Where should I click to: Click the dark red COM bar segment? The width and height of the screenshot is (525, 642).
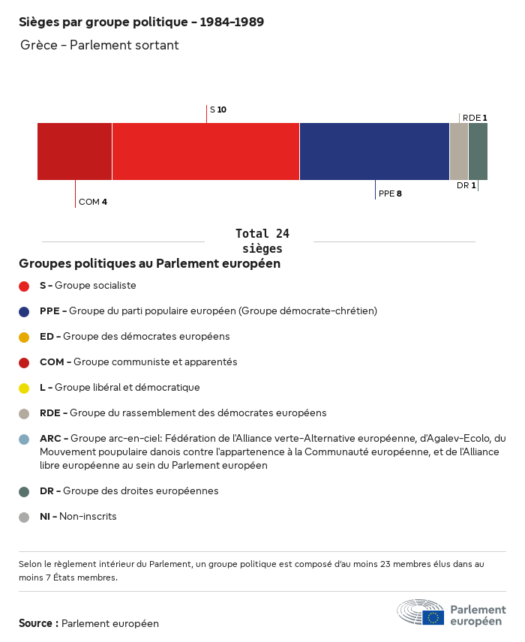coord(74,151)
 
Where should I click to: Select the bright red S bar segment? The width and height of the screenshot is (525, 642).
coord(206,151)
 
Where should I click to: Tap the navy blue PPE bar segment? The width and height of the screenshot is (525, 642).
coord(375,151)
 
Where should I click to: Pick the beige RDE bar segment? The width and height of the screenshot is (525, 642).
coord(459,151)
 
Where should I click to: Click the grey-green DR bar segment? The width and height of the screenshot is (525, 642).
coord(478,151)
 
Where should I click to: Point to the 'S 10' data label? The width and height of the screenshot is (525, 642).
coord(218,109)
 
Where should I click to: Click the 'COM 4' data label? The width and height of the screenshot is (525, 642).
coord(93,202)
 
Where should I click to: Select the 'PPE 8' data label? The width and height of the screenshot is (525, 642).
coord(390,193)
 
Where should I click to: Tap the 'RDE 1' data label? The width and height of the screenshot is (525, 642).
coord(475,118)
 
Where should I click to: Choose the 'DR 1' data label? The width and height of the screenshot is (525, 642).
coord(466,185)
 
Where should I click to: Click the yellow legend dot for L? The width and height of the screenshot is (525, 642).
coord(24,388)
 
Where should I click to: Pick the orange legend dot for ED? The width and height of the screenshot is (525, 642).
coord(24,337)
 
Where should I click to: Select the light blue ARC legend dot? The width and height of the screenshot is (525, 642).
coord(24,439)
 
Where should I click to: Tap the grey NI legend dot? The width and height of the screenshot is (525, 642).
coord(24,517)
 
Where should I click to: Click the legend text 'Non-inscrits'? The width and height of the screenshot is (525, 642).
coord(88,516)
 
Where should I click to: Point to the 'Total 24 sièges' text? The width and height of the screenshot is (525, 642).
coord(262,241)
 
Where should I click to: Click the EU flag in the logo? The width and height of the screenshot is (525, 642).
coord(433,617)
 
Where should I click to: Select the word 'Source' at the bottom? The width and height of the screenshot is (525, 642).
coord(36,623)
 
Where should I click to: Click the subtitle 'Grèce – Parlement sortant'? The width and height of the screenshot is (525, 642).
coord(100,45)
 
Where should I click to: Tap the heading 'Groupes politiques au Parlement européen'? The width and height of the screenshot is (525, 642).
coord(150,263)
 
